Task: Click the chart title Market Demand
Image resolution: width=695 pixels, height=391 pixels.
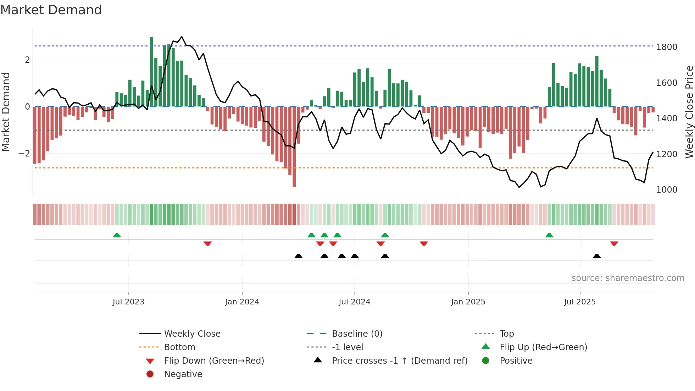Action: click(x=51, y=10)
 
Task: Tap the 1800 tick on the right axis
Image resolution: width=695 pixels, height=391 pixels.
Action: click(x=666, y=47)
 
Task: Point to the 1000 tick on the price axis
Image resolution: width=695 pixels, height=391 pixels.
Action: click(x=666, y=190)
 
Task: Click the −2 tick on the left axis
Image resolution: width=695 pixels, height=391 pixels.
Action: click(x=24, y=154)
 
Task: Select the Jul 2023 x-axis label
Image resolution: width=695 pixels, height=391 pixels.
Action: click(x=128, y=302)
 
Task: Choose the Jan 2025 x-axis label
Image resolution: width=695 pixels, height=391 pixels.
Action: click(x=468, y=302)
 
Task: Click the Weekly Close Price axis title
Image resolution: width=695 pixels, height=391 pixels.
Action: click(x=689, y=112)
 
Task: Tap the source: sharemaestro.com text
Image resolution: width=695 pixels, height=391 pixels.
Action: click(x=628, y=278)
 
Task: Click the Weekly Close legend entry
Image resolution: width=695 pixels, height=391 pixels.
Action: click(x=192, y=334)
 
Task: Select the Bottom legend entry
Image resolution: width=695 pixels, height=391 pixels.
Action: click(x=179, y=347)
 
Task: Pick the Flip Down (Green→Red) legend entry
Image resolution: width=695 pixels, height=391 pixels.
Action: click(x=214, y=361)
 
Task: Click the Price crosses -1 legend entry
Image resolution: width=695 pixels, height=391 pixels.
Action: click(x=399, y=361)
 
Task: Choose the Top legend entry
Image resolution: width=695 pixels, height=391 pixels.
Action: click(x=507, y=334)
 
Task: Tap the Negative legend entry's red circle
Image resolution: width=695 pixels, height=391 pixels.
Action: click(x=150, y=374)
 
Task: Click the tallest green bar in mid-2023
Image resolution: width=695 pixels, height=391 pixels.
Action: click(x=151, y=71)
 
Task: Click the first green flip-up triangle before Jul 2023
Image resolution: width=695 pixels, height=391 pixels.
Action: click(x=117, y=235)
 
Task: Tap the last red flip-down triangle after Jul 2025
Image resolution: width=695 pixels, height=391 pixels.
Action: click(x=614, y=243)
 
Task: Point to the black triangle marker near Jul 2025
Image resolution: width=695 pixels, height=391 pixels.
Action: click(x=597, y=256)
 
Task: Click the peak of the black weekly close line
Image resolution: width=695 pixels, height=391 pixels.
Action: click(x=182, y=37)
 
